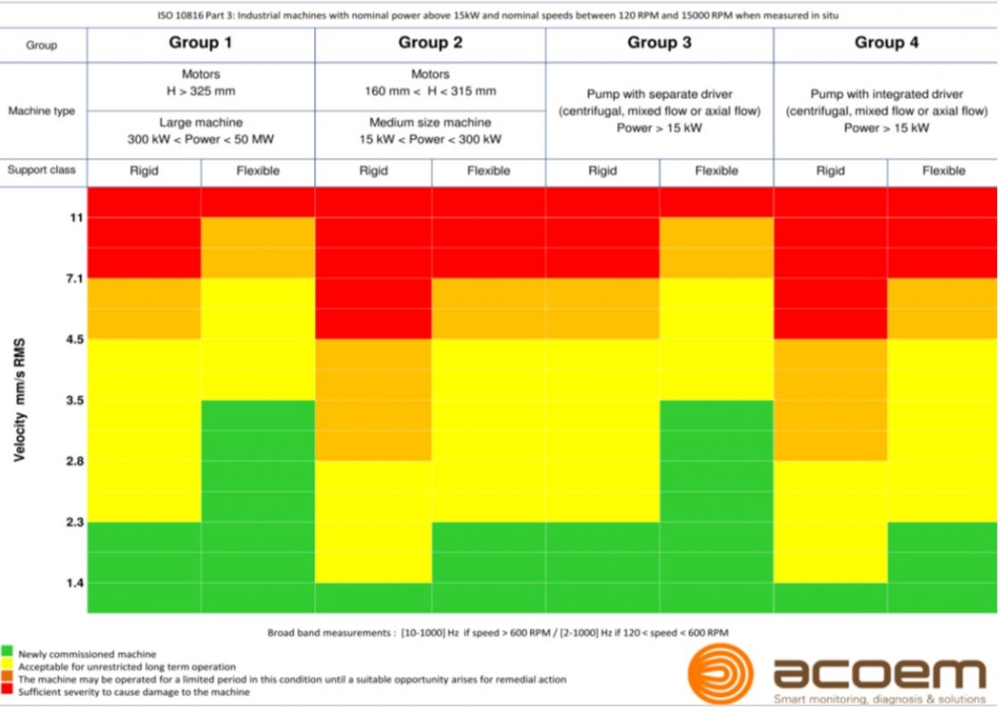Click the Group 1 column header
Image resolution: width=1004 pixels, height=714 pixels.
coord(201,43)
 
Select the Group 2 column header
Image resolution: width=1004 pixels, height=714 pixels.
coord(430,43)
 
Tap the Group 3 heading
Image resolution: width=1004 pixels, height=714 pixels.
coord(659,43)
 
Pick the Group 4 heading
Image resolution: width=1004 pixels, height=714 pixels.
coord(886,43)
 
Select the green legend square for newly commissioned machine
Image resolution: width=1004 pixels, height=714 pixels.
coord(7,653)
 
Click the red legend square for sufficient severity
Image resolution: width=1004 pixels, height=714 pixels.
coord(7,692)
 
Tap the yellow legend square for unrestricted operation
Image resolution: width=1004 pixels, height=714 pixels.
coord(7,667)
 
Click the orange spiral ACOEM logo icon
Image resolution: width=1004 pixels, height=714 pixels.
coord(720,674)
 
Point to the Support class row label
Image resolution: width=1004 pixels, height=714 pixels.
coord(43,170)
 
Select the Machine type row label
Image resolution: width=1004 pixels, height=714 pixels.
coord(43,112)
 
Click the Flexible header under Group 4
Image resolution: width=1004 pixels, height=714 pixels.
coord(943,170)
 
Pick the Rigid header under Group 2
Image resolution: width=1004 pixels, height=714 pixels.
coord(373,170)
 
